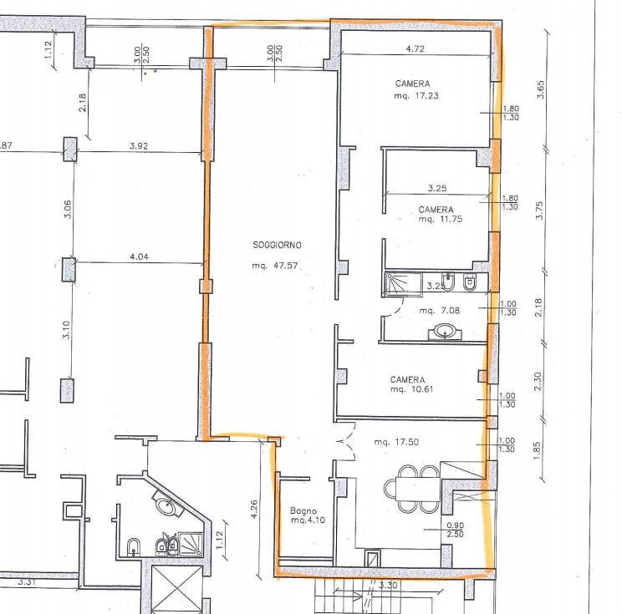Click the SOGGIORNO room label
(277, 245)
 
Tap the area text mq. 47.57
(274, 266)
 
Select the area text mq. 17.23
(416, 95)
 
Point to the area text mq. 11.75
(441, 219)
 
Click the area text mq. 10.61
(411, 389)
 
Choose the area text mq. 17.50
(396, 442)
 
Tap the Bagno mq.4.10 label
(308, 515)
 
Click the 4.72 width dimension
(416, 48)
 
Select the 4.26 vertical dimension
(254, 509)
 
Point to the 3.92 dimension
(139, 145)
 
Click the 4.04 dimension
(139, 256)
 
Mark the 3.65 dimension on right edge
(540, 89)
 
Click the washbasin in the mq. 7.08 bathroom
(445, 332)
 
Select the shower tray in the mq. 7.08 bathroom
(403, 284)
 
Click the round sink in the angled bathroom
(166, 506)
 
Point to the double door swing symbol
(345, 441)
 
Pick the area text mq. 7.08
(440, 311)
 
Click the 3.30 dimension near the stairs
(388, 585)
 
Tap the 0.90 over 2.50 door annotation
(455, 530)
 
